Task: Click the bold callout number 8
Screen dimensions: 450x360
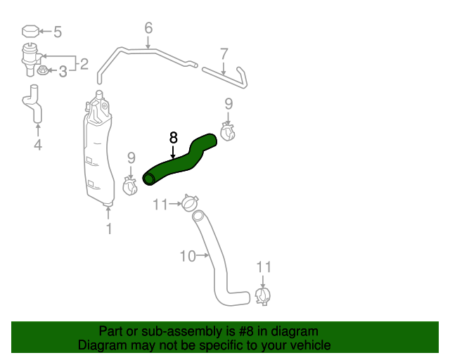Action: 174,138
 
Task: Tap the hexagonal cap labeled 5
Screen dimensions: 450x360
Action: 30,32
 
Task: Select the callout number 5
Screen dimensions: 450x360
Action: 58,32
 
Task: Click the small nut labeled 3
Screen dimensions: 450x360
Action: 42,70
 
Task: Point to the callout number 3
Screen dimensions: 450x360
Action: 63,72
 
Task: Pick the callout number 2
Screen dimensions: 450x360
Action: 84,64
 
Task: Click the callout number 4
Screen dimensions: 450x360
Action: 38,145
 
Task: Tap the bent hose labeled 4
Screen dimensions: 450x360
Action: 34,105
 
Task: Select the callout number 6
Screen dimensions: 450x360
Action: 148,28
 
